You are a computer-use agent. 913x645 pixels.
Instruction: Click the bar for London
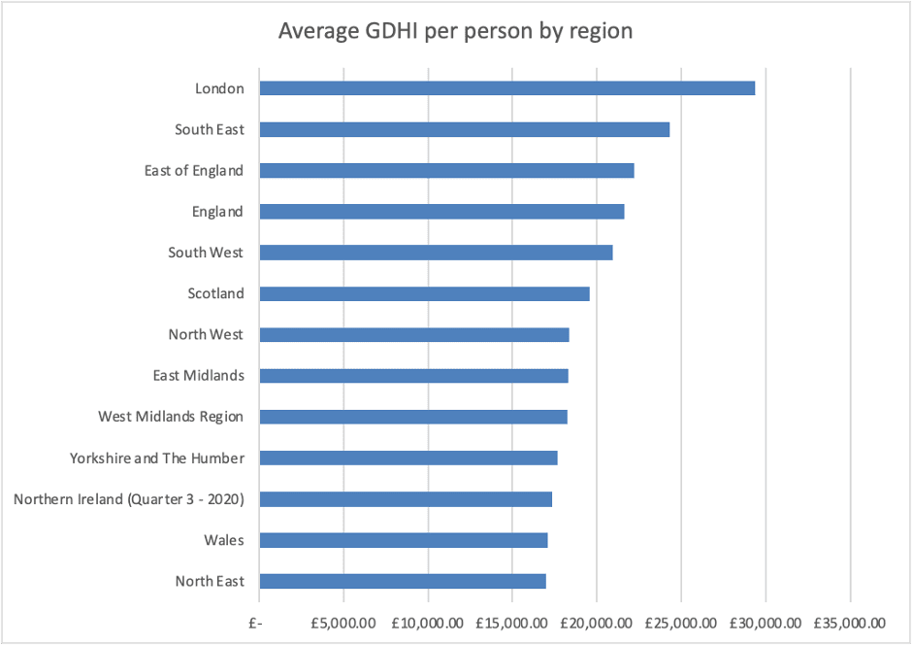[506, 88]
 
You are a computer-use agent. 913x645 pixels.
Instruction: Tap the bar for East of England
[446, 171]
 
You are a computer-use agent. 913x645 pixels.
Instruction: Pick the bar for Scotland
[424, 293]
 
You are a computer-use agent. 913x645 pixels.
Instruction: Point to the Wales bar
[403, 540]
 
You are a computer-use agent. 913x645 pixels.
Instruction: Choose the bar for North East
[402, 582]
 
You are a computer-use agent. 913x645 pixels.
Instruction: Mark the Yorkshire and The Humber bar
[408, 458]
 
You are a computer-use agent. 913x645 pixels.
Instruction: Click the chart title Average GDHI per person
[455, 31]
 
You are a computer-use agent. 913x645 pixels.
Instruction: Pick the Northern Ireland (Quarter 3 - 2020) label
[128, 499]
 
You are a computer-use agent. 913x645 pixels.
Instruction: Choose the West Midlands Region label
[171, 417]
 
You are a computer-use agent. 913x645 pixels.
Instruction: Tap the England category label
[218, 212]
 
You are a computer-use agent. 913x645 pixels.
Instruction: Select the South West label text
[206, 253]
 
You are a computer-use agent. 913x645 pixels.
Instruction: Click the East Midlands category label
[198, 376]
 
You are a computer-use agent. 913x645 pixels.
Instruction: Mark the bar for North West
[413, 335]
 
